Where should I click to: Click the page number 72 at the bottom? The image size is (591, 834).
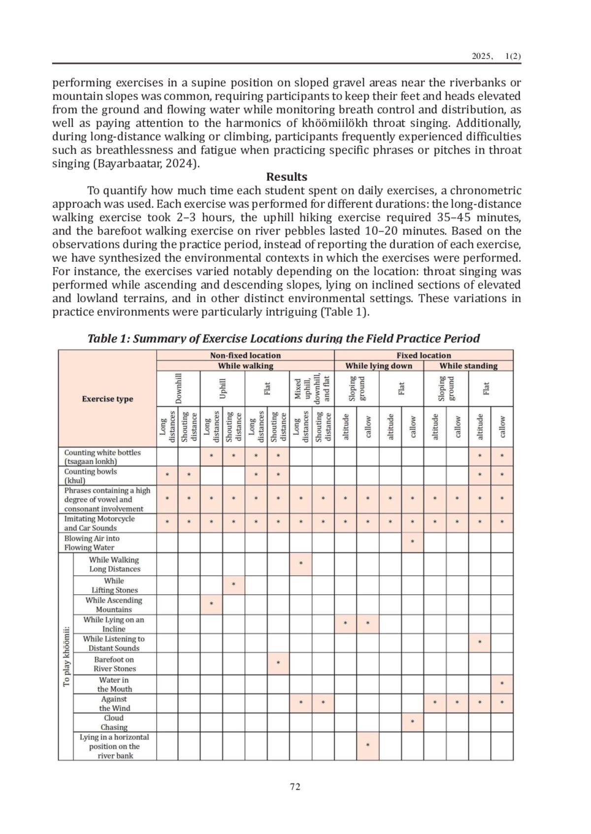click(x=295, y=787)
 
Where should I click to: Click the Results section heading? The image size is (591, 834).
click(x=287, y=177)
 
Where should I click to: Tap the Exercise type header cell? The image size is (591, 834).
click(x=107, y=399)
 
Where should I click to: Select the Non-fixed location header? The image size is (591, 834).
click(x=245, y=355)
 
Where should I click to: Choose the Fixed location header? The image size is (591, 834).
click(x=424, y=355)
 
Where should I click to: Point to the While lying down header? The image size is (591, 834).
click(x=378, y=366)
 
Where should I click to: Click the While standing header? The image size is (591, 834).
click(x=468, y=366)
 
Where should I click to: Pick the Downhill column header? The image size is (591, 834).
click(x=179, y=388)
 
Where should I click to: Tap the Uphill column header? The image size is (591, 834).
click(x=223, y=388)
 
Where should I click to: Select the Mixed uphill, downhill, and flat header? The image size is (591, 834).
click(x=312, y=388)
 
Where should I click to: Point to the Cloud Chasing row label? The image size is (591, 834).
click(x=114, y=723)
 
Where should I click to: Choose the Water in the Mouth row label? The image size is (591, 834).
click(x=114, y=684)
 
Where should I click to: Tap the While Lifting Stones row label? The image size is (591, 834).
click(x=114, y=585)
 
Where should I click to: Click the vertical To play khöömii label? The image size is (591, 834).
click(x=66, y=656)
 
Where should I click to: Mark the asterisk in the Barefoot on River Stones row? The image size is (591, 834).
click(x=278, y=663)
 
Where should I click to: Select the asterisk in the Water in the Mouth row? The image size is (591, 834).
click(x=502, y=684)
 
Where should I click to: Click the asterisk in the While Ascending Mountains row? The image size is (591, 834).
click(x=211, y=604)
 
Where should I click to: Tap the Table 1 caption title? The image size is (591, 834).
click(x=283, y=339)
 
